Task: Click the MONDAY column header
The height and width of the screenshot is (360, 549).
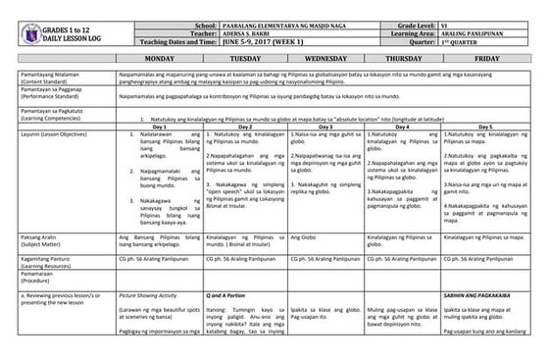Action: tap(160, 59)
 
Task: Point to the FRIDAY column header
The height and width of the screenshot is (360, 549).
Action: tap(487, 59)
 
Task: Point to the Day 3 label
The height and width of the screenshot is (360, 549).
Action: tap(324, 127)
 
